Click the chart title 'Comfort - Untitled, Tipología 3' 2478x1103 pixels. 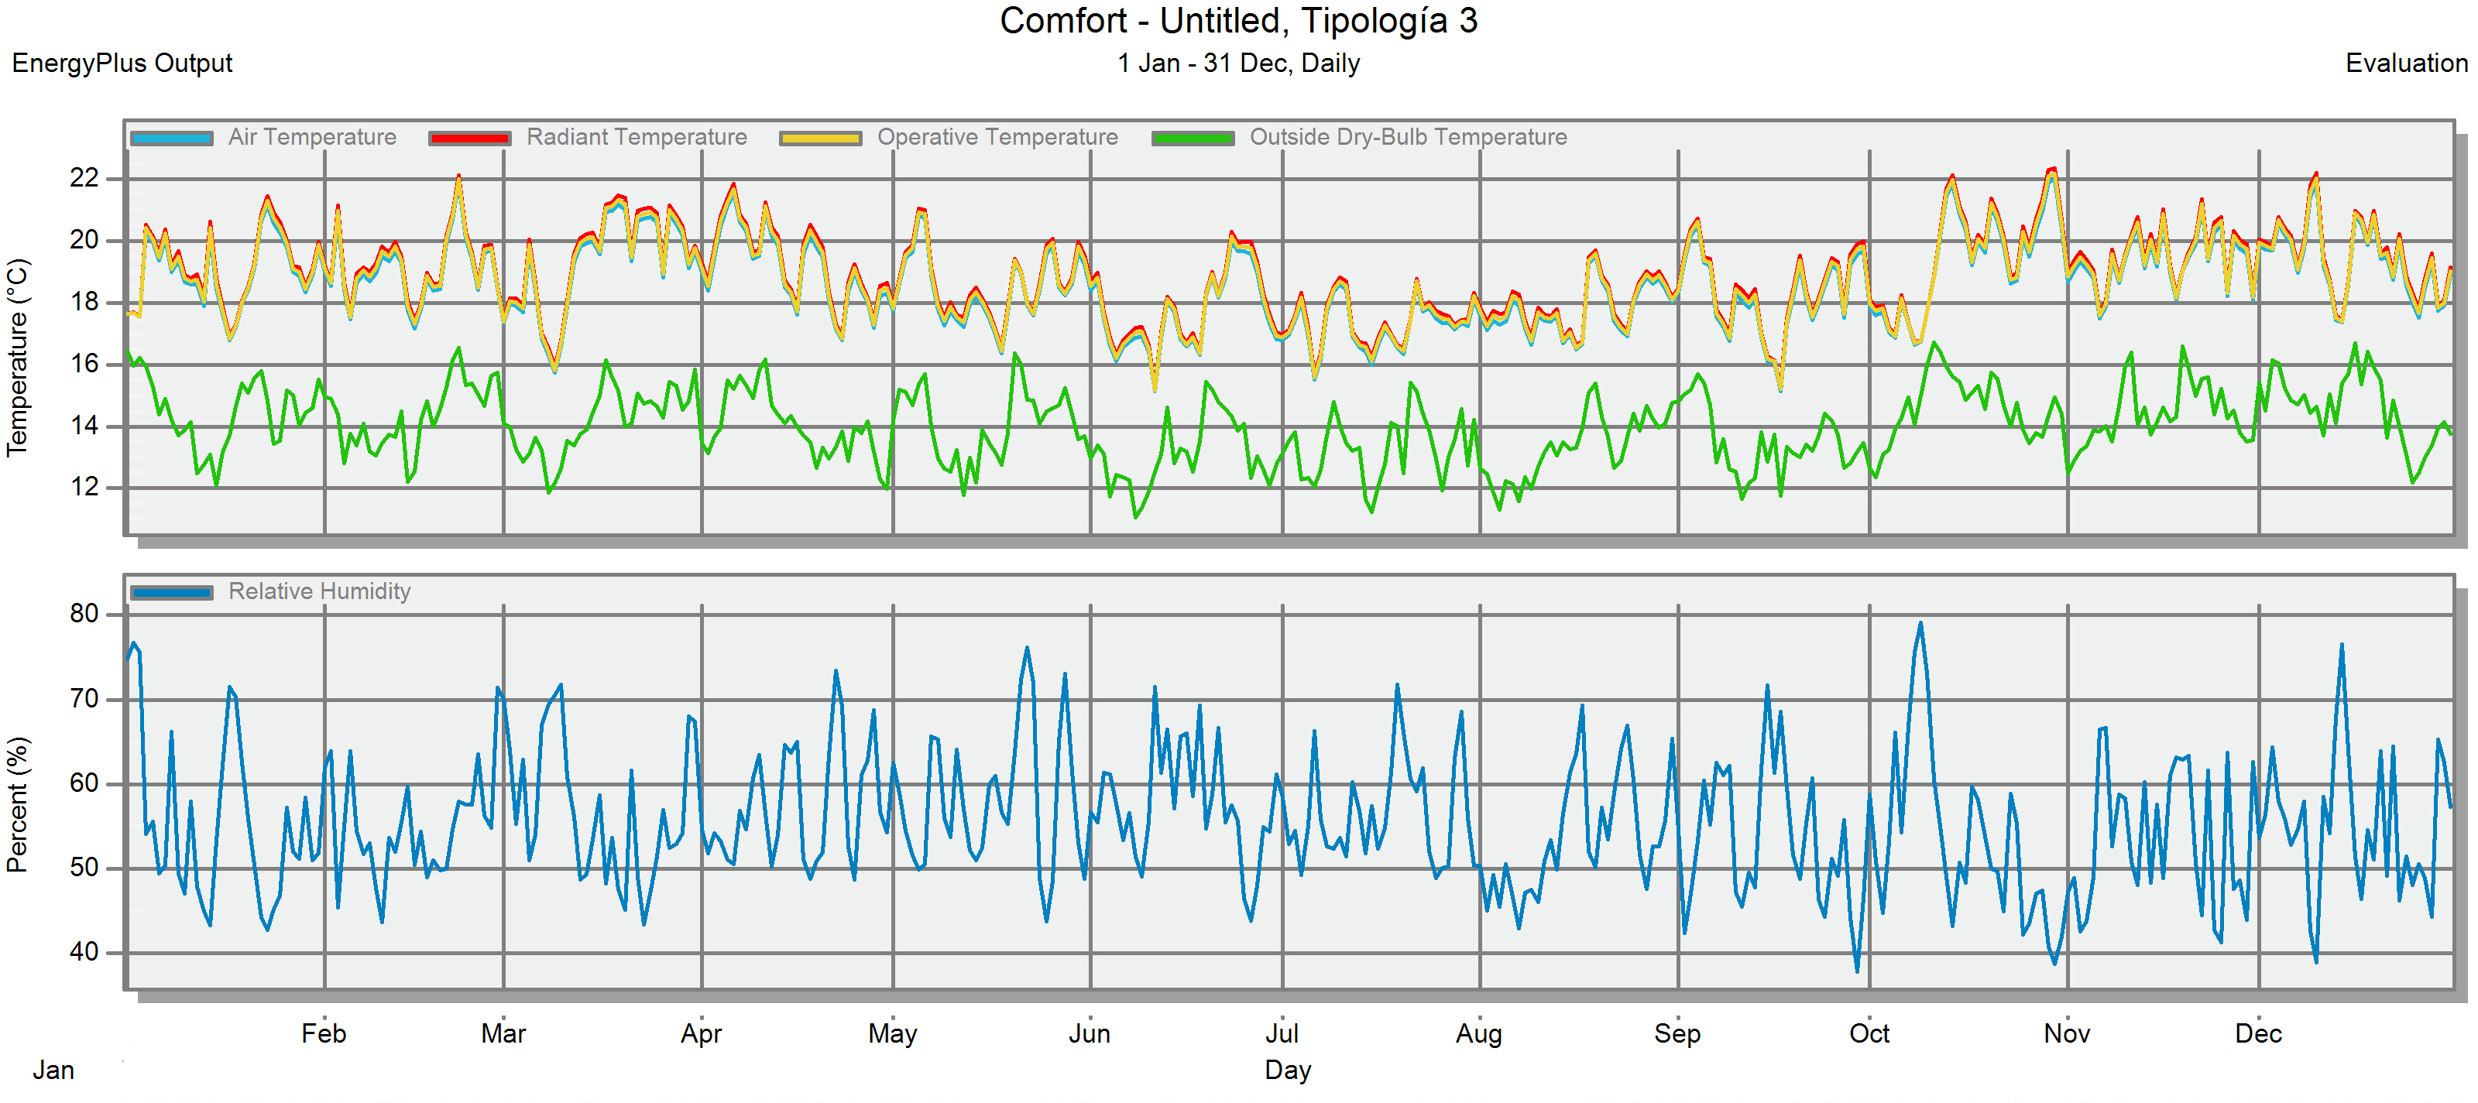pos(1238,21)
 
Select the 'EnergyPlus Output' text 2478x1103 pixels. pos(122,63)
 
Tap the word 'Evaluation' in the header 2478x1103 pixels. pos(2406,63)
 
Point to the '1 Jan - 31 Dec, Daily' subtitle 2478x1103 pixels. pos(1238,63)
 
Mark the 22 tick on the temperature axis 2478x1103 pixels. pos(84,178)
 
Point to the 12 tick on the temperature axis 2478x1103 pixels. pos(84,487)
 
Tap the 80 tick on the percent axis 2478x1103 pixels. pos(84,614)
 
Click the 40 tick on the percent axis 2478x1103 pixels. pos(84,952)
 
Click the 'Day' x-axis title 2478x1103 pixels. pos(1287,1070)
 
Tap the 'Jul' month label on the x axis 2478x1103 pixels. pos(1282,1034)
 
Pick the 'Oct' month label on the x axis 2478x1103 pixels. pos(1869,1034)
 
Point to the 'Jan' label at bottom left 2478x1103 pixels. pos(54,1070)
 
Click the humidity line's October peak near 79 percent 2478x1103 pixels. pos(1920,623)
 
